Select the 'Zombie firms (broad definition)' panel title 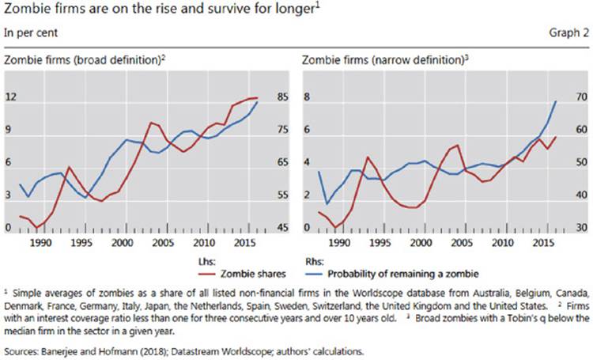click(x=83, y=59)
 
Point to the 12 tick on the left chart click(x=12, y=97)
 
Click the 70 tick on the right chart click(x=577, y=97)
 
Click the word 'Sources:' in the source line click(x=24, y=346)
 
